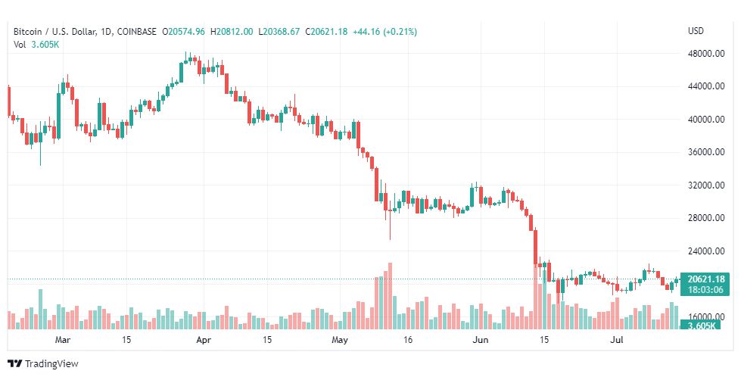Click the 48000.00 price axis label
[x=706, y=54]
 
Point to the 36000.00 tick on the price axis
[x=706, y=152]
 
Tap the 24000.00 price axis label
[x=706, y=251]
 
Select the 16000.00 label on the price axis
[x=706, y=316]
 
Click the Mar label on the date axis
[x=63, y=340]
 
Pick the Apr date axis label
[x=204, y=340]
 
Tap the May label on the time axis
[x=340, y=340]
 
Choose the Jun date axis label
[x=481, y=340]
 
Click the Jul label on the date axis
[x=616, y=340]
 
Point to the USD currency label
[x=696, y=31]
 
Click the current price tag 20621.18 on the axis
[x=705, y=279]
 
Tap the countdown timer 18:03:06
[x=705, y=290]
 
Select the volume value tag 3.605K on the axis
[x=702, y=326]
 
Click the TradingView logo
[x=43, y=364]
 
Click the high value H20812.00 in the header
[x=232, y=32]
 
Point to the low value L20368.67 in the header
[x=279, y=32]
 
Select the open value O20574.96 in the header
[x=183, y=32]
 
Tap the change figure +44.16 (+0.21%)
[x=385, y=32]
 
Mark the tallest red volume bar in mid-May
[x=390, y=296]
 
